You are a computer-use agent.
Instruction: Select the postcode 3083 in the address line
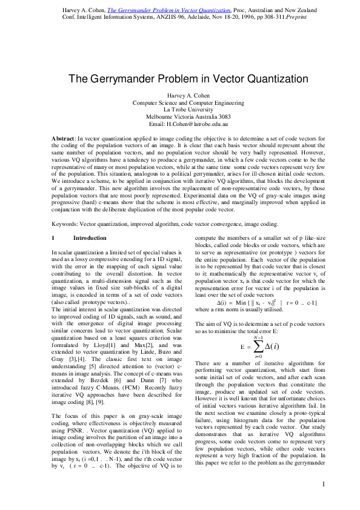(224, 116)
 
